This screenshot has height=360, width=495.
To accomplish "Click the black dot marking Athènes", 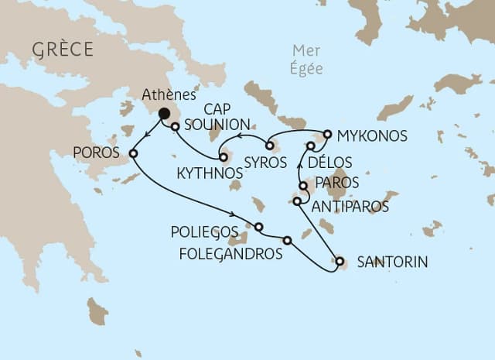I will (164, 114).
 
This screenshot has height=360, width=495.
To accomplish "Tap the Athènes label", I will (167, 96).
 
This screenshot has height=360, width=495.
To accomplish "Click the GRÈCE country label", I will (63, 50).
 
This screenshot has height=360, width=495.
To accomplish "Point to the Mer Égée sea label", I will (306, 60).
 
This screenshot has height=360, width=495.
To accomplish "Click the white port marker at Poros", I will (133, 153).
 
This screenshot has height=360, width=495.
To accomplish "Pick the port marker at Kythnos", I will (224, 157).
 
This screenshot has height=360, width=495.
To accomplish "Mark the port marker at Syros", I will (269, 145).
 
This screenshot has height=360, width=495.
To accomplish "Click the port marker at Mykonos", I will (327, 135).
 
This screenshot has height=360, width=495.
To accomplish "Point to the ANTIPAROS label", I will (349, 207).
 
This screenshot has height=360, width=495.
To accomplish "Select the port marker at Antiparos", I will (298, 202).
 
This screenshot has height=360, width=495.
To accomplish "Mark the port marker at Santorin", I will (339, 262).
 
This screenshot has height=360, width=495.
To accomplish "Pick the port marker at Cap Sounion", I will (176, 126).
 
